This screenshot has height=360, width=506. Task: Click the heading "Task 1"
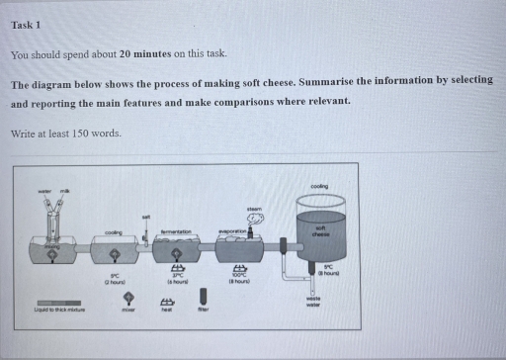pos(26,24)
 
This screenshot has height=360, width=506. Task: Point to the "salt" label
pos(147,217)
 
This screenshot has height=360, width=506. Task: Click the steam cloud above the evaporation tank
pos(253,219)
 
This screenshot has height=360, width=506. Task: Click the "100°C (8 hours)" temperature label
pos(238,280)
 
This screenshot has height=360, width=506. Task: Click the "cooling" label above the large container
pos(319,186)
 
